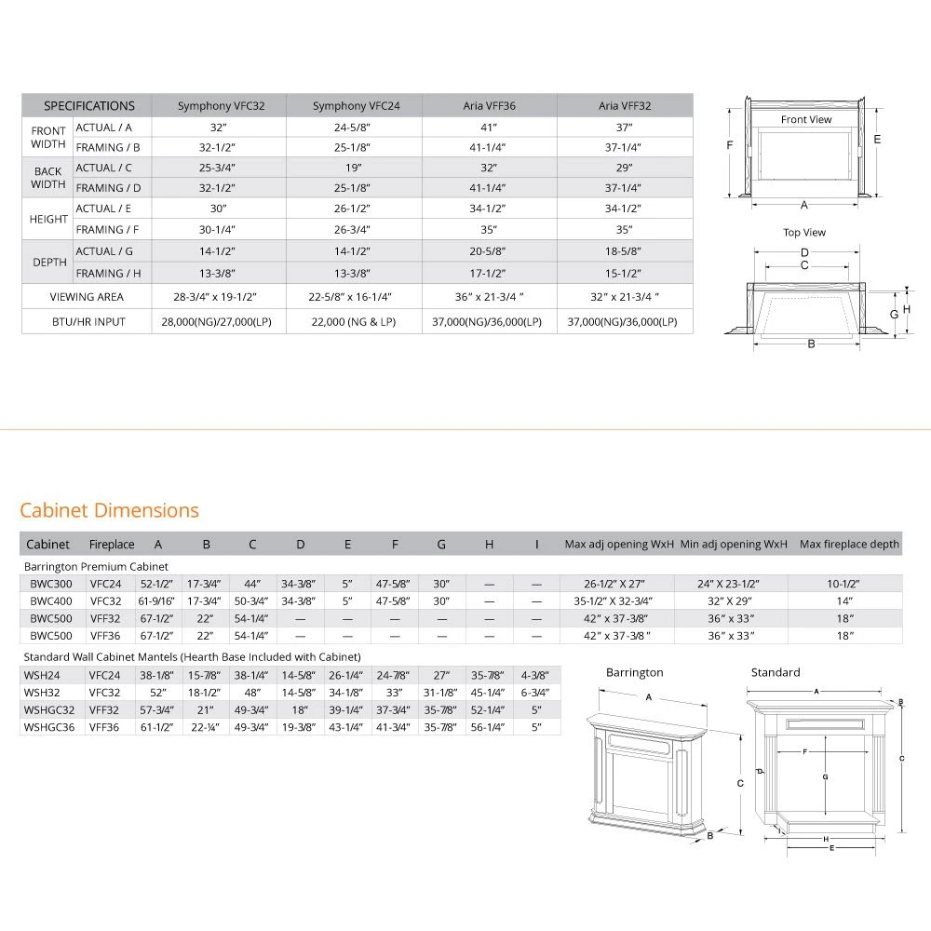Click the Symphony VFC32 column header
221,106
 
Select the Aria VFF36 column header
489,106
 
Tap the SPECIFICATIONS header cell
89,106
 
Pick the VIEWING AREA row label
87,297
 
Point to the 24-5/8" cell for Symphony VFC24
354,128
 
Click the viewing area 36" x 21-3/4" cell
489,297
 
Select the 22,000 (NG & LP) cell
354,321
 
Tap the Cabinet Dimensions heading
109,510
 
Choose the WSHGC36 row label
49,727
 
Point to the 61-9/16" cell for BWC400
157,601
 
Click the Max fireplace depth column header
849,544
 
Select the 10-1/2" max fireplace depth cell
844,584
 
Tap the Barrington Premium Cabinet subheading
96,566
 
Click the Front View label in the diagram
806,119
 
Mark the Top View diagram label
804,233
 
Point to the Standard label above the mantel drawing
776,672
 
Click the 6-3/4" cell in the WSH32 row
536,693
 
